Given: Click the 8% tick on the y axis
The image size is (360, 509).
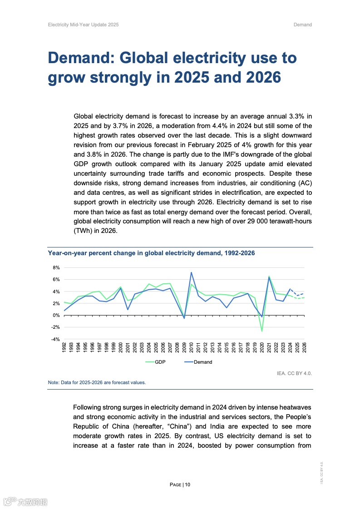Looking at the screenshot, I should point(57,267).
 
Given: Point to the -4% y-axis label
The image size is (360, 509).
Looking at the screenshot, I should point(56,339).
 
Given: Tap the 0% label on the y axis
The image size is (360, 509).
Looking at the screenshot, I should point(57,315).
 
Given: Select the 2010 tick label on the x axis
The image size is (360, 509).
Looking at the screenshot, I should point(192,348).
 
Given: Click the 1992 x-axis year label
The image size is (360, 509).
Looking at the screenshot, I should point(64,348).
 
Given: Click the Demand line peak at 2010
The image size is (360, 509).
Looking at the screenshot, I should point(192,272).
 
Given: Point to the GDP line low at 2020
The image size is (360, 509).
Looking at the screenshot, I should point(262,331).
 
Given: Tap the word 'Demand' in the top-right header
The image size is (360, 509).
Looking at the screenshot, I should point(302,25).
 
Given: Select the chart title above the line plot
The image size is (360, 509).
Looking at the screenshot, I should point(151,253).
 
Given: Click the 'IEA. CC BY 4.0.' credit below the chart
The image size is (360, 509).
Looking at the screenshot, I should point(294,373).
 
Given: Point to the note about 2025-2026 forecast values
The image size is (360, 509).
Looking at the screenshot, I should point(97,382).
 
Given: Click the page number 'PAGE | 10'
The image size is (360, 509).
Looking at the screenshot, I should point(180,484).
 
